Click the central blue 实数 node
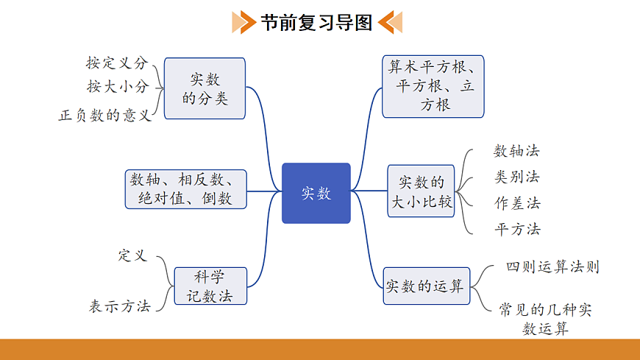coord(316,193)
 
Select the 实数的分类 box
coord(205,88)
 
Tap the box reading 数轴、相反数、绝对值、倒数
coord(185,189)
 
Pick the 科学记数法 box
coord(210,286)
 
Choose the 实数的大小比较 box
coord(422,191)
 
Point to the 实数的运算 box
coord(426,286)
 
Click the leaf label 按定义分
coord(117,63)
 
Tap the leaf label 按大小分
coord(118,87)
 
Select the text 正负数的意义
coord(104,116)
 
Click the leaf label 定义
coord(132,255)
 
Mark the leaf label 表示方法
coord(120,306)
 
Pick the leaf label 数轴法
coord(516,151)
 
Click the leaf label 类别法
coord(516,177)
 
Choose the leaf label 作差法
coord(517,203)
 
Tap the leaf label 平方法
coord(517,229)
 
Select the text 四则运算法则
coord(552,267)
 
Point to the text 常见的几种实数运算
coord(545,318)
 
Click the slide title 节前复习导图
coord(317,22)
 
